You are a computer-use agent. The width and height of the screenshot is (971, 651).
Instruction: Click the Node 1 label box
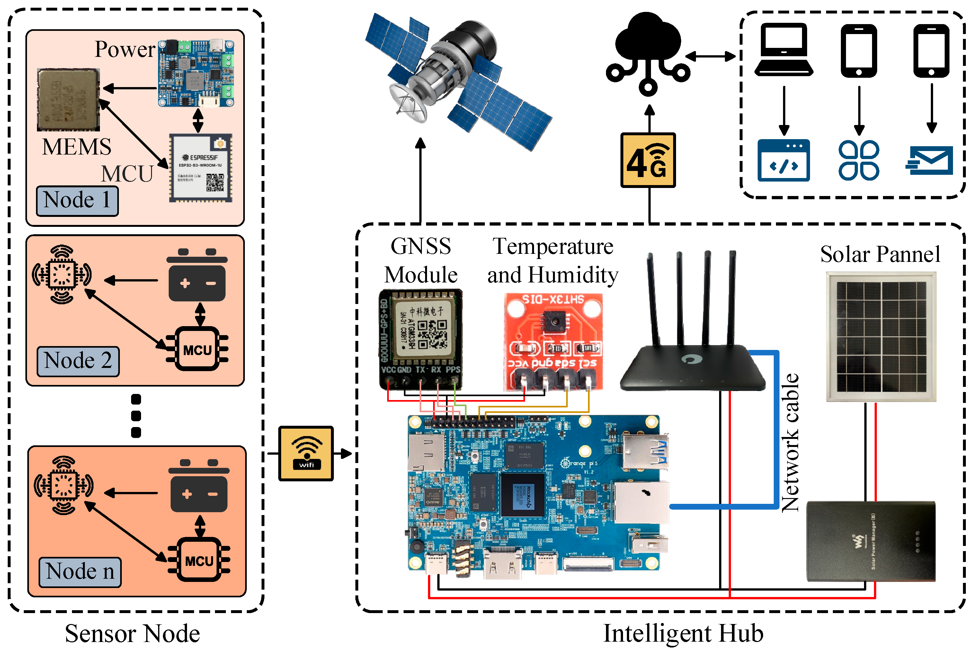[77, 201]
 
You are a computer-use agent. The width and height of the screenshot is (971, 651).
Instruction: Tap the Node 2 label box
[78, 361]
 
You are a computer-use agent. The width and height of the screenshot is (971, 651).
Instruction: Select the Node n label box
[80, 572]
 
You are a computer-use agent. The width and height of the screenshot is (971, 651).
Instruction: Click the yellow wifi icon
[306, 453]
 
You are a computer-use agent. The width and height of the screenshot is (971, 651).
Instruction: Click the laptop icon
[783, 50]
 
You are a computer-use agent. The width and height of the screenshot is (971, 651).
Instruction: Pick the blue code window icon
[783, 160]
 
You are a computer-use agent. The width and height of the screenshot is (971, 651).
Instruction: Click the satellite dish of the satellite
[409, 102]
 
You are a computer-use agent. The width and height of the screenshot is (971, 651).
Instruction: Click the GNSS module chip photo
[420, 338]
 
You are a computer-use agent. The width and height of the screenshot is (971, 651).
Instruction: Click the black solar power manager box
[870, 541]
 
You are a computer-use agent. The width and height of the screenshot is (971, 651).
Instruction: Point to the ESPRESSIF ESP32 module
[200, 168]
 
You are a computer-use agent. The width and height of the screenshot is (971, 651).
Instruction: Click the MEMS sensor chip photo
[68, 100]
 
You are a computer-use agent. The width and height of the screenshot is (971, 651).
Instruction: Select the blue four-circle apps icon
[858, 160]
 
